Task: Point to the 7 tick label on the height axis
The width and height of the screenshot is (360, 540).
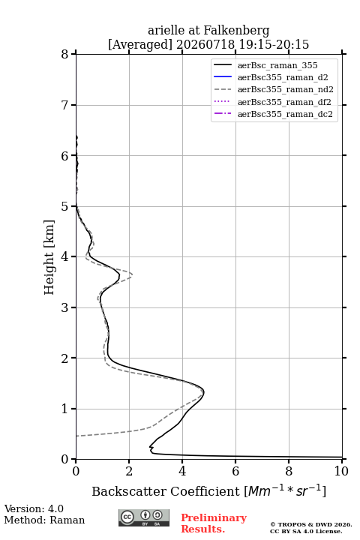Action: pyautogui.click(x=64, y=105)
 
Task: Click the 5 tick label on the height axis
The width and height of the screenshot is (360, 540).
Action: pyautogui.click(x=64, y=206)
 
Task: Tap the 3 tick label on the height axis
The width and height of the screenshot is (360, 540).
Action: pyautogui.click(x=64, y=307)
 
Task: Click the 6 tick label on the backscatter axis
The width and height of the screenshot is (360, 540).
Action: pyautogui.click(x=235, y=471)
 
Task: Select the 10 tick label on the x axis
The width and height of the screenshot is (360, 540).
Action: pyautogui.click(x=341, y=471)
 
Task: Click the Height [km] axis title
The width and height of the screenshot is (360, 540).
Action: pyautogui.click(x=49, y=257)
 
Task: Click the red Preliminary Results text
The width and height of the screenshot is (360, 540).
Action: pyautogui.click(x=214, y=523)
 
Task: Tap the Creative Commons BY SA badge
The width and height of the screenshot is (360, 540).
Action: pyautogui.click(x=144, y=517)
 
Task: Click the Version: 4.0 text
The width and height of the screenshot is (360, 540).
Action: pyautogui.click(x=34, y=508)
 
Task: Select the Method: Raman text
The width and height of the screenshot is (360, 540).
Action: pyautogui.click(x=44, y=520)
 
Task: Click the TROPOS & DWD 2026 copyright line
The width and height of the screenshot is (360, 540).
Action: pyautogui.click(x=311, y=524)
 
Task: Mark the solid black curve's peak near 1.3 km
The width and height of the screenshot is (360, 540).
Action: pyautogui.click(x=203, y=392)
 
